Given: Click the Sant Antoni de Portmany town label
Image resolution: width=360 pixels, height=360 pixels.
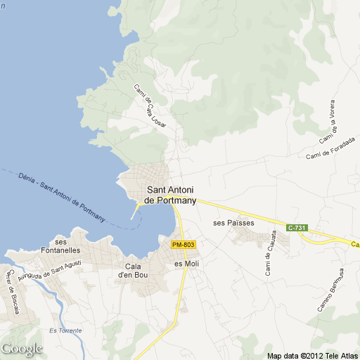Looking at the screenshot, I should tap(170, 195).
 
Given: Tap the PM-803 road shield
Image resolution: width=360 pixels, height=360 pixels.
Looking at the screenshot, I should tap(183, 244).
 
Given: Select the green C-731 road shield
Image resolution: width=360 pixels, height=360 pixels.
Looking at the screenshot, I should tap(297, 227).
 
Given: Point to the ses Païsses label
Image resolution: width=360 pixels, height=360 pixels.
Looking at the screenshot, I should tap(233, 223).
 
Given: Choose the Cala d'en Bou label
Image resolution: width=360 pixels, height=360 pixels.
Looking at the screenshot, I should tap(139, 270).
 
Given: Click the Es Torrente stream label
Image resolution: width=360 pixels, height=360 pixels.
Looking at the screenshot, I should tap(65, 330).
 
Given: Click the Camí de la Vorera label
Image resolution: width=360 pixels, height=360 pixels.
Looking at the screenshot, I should tap(328, 124).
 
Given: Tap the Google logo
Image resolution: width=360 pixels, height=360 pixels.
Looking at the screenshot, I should tap(22, 349).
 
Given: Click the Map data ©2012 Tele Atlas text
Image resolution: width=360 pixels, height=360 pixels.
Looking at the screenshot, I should tap(311, 355).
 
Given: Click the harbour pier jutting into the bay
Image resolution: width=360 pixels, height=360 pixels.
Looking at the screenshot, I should tap(135, 210).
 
